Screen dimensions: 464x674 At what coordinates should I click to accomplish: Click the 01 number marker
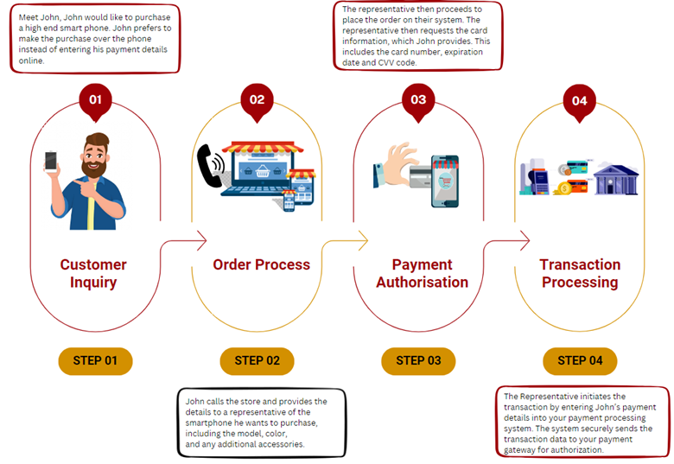tap(95, 100)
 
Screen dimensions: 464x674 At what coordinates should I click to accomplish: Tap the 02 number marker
tap(257, 100)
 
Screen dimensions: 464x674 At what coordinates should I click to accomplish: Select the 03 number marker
tap(418, 100)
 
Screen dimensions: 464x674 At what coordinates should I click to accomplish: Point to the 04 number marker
tap(579, 101)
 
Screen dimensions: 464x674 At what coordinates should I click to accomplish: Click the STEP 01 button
tap(95, 360)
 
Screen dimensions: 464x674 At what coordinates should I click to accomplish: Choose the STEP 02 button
tap(257, 360)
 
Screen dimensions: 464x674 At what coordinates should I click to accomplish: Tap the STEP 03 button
tap(418, 360)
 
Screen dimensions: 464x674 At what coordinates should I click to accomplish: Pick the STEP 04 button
tap(579, 360)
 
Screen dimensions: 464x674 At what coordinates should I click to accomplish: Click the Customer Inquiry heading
tap(93, 273)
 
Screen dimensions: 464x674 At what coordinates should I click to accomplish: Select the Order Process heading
tap(261, 264)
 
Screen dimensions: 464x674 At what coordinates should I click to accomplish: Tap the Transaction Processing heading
tap(580, 273)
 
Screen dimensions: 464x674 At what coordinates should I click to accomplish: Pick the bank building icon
tap(617, 178)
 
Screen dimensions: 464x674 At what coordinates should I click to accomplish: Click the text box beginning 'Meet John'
tap(95, 39)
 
